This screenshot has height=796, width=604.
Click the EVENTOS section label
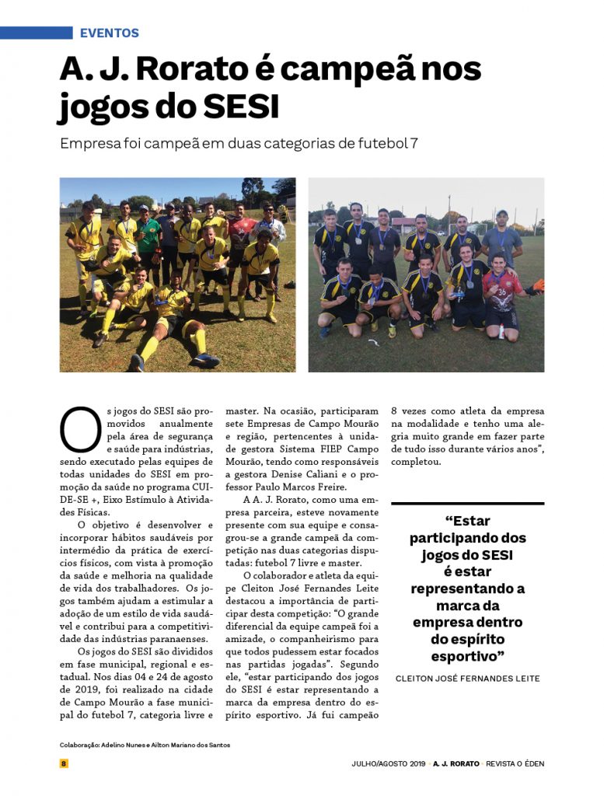click(110, 33)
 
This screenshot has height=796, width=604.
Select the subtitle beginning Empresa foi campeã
click(239, 145)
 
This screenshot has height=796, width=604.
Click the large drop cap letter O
click(80, 430)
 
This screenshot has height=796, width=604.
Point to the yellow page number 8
click(65, 763)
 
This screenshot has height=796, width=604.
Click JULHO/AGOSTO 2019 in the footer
click(387, 763)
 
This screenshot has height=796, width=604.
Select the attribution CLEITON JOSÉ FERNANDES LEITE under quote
click(467, 679)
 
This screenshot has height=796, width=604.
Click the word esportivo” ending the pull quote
click(467, 656)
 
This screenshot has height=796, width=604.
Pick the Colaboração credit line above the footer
click(145, 745)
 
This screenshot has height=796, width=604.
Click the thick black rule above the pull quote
click(467, 504)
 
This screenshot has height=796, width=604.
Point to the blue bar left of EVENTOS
click(36, 33)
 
